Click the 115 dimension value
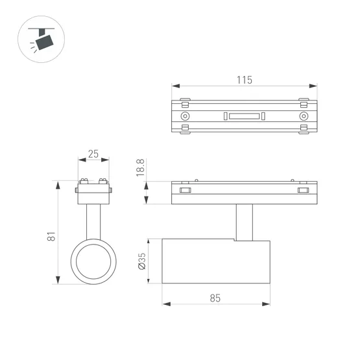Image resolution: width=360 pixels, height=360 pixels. tap(244, 80)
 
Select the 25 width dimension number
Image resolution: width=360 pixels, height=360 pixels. tap(93, 154)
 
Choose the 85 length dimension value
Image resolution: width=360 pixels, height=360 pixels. tap(215, 298)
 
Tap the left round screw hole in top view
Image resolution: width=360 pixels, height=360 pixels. tap(186, 116)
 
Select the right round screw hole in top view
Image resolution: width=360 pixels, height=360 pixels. tap(303, 116)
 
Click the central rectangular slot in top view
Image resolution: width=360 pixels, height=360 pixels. tap(244, 116)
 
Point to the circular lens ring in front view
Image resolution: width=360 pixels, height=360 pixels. tap(93, 261)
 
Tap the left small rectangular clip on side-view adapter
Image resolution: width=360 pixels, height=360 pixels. tap(185, 190)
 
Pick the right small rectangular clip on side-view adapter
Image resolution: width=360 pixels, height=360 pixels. tap(302, 190)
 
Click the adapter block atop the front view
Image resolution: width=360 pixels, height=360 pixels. tap(93, 192)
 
